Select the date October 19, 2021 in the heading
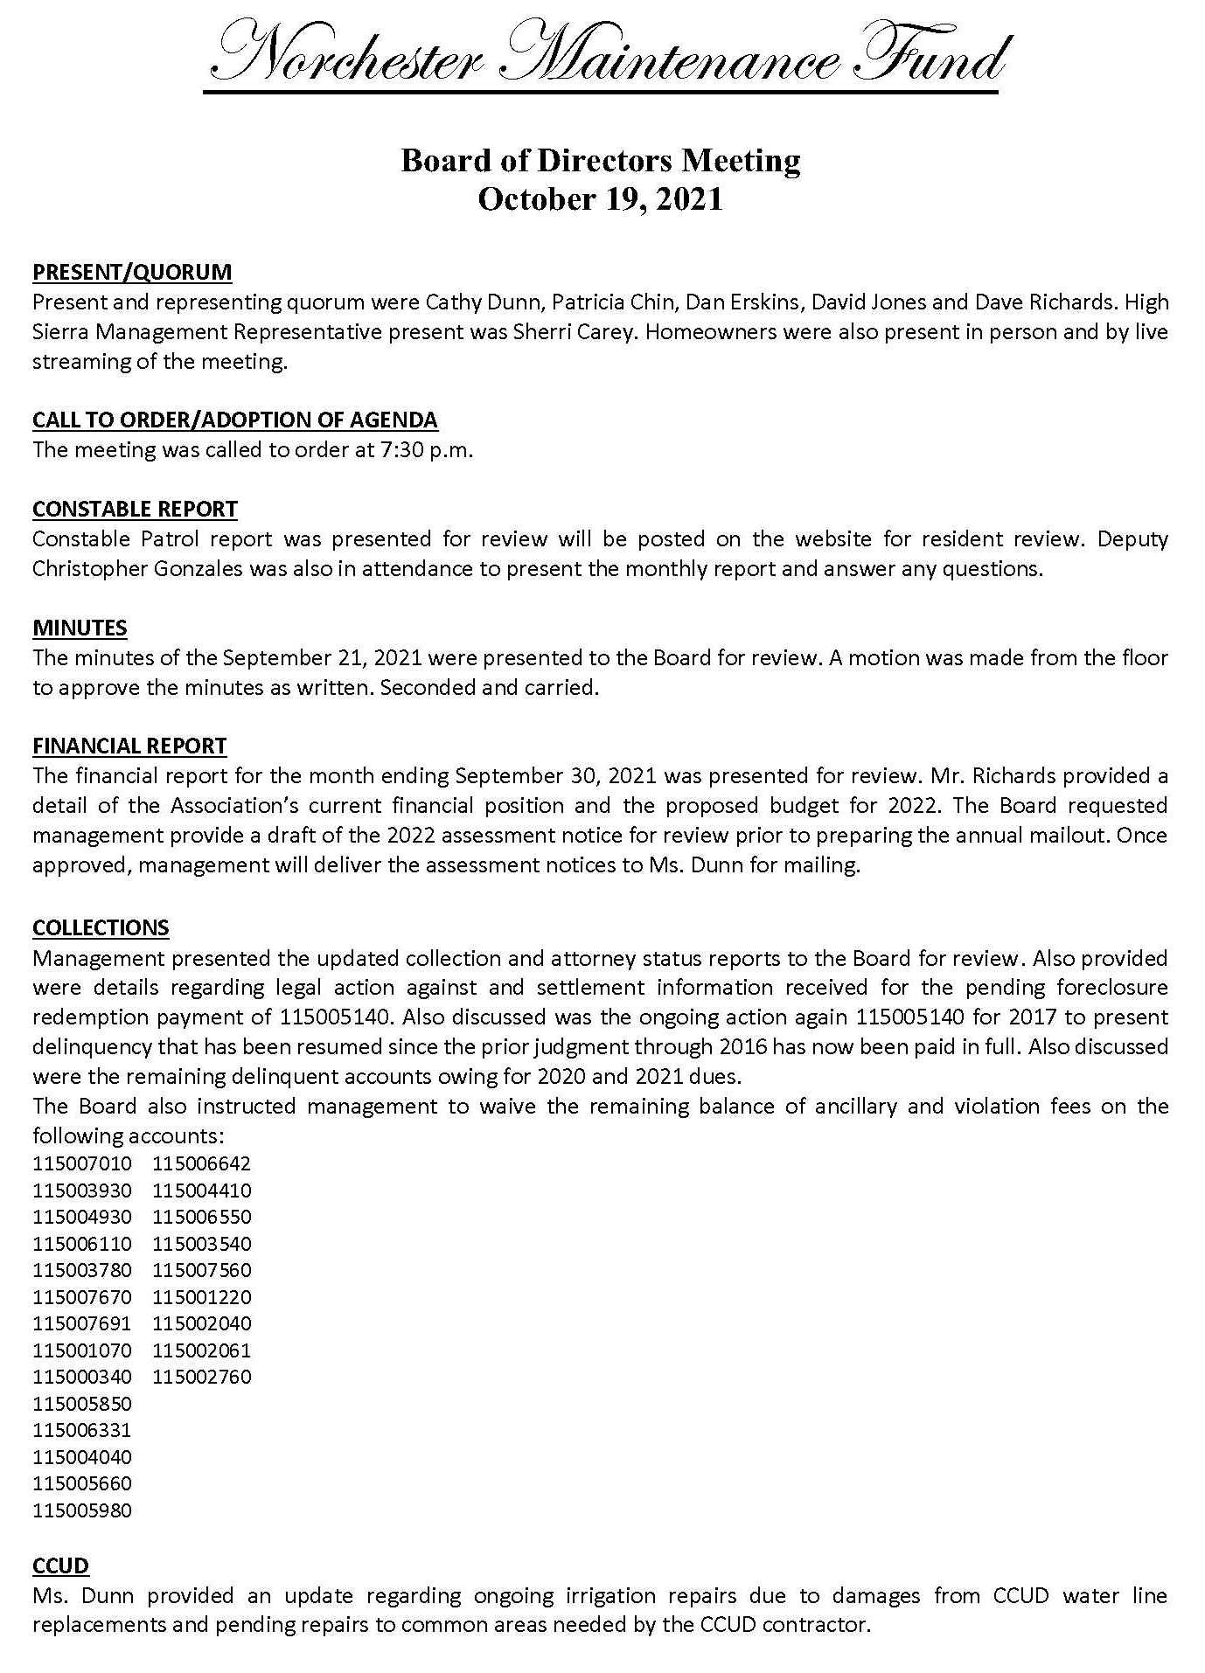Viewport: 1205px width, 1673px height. click(601, 199)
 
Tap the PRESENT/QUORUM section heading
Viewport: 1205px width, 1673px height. click(132, 272)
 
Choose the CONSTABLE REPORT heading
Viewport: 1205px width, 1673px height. click(135, 509)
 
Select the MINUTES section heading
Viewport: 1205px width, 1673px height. click(80, 628)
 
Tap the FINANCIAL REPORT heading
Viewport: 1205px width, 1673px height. click(129, 746)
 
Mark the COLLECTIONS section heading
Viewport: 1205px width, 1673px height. click(101, 927)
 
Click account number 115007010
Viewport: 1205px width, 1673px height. click(82, 1163)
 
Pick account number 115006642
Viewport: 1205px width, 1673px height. click(202, 1163)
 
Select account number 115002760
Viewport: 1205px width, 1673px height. click(202, 1377)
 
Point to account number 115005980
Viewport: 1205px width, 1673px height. click(82, 1510)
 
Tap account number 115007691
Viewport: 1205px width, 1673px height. click(82, 1323)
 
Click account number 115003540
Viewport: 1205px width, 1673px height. click(202, 1244)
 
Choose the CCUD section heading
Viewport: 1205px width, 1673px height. click(60, 1565)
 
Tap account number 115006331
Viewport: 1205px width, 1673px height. click(82, 1430)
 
